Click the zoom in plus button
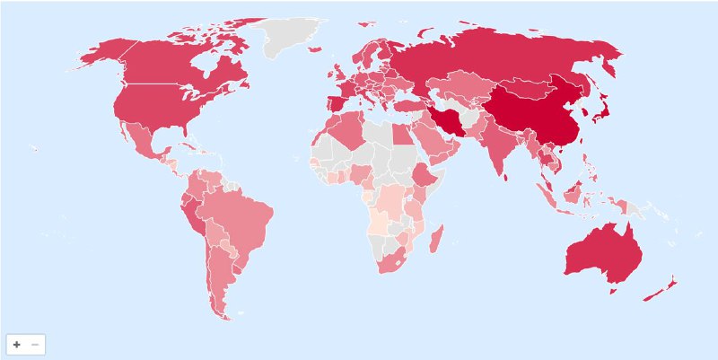click(x=16, y=345)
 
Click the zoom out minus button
click(x=35, y=345)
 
